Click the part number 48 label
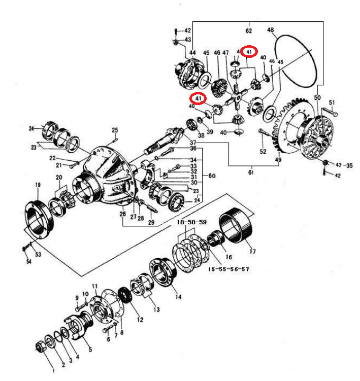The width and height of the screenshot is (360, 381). click(270, 30)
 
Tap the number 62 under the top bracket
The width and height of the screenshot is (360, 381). click(249, 31)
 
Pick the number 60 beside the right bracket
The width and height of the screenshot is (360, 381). click(212, 176)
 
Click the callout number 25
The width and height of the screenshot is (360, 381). click(115, 130)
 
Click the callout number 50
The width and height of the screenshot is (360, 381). click(317, 97)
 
